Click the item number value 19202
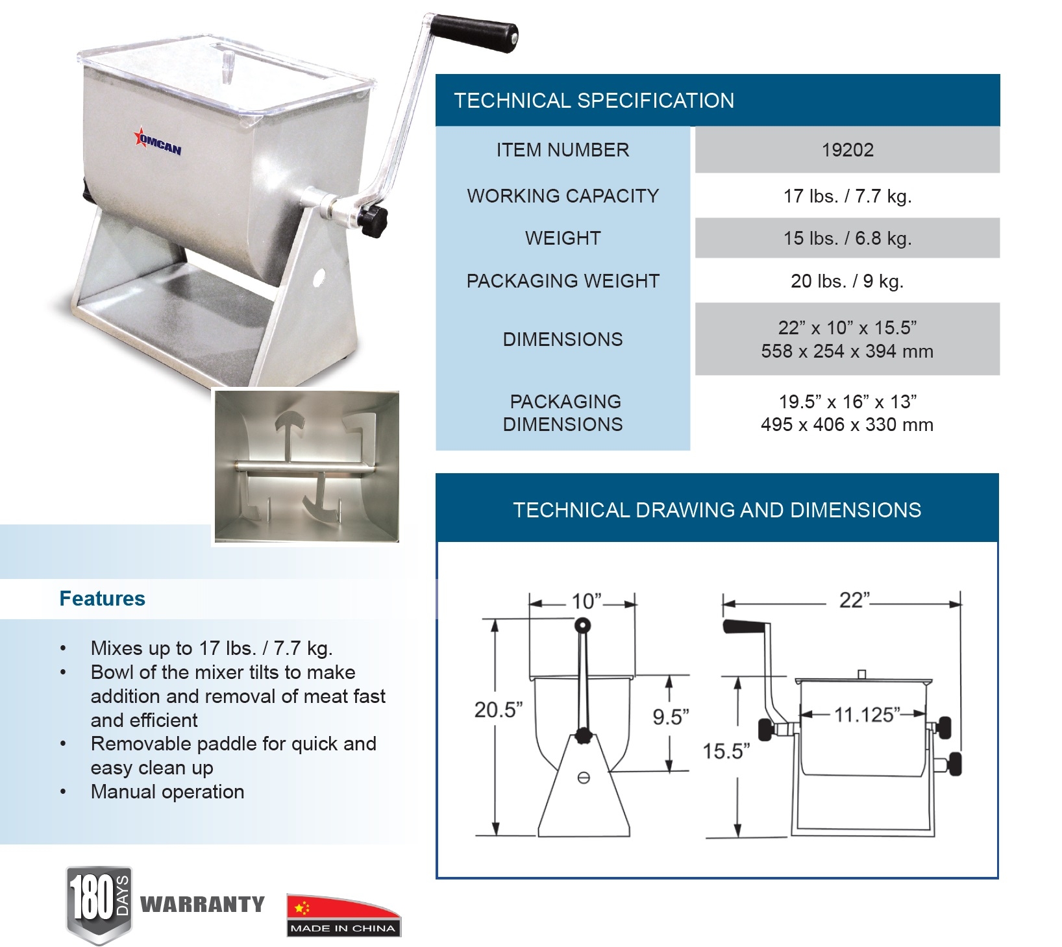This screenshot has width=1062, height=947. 847,150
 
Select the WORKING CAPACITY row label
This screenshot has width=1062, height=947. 563,196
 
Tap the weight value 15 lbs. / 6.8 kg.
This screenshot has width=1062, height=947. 847,238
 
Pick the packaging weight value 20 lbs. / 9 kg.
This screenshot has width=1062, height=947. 847,281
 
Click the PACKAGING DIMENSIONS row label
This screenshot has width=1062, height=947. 563,413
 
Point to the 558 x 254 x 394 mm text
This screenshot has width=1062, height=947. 847,351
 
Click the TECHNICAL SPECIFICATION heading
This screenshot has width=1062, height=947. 594,101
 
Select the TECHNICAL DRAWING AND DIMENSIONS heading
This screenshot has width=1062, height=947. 717,510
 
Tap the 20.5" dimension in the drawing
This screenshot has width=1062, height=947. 499,710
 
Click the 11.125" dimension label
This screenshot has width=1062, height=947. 867,715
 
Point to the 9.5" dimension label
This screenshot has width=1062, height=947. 671,717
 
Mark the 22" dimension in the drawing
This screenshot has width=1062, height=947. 854,600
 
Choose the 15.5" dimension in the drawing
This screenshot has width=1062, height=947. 726,752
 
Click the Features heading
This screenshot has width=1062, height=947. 102,598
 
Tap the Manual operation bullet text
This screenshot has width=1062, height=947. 167,792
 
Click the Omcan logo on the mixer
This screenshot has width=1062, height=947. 158,143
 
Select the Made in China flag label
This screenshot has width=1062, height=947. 344,915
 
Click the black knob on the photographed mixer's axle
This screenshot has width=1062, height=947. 374,221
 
